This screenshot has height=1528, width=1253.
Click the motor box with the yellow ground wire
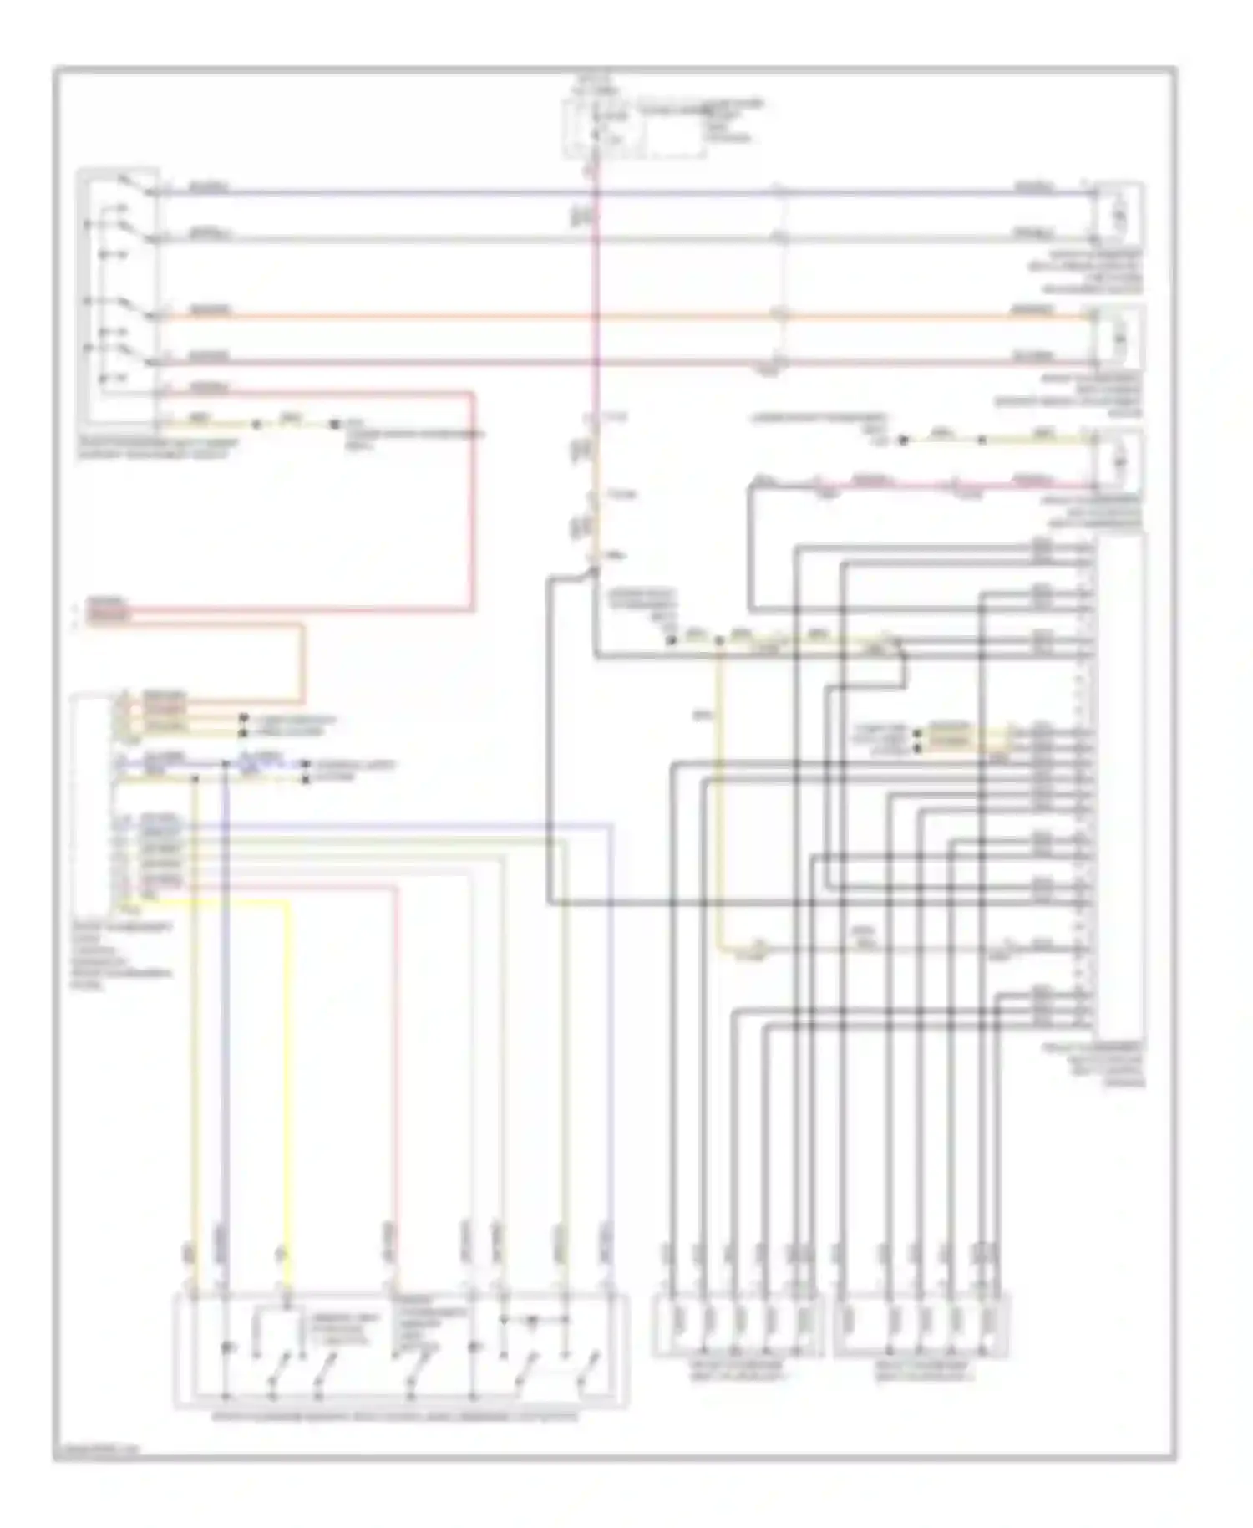pos(1119,461)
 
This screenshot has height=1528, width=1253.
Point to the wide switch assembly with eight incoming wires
pos(401,1350)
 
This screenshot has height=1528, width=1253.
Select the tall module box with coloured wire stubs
pos(92,802)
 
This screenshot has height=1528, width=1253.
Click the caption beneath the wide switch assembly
pos(401,1418)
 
